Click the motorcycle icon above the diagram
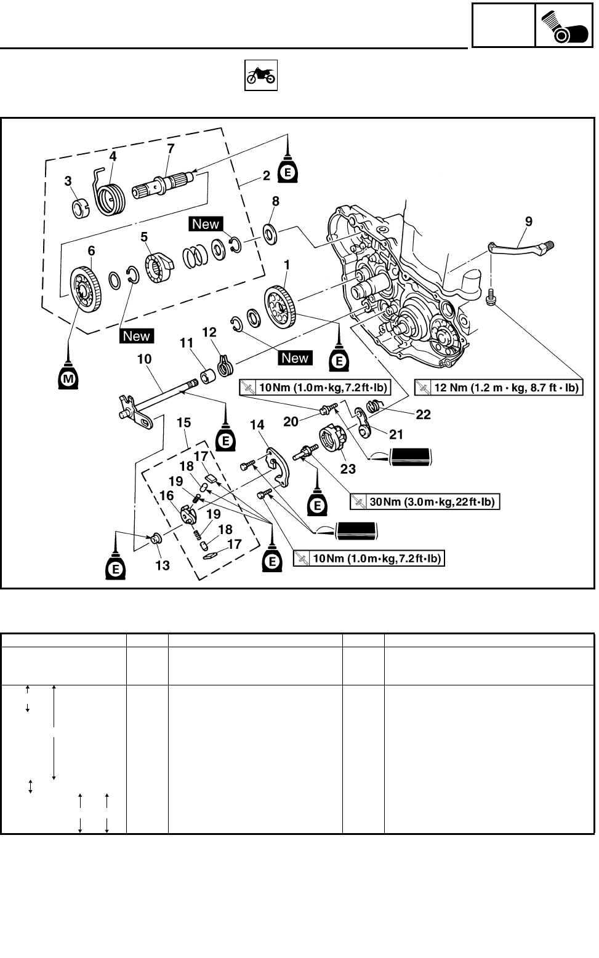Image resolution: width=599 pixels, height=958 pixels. pos(262,76)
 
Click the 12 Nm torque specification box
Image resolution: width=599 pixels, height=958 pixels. pos(498,387)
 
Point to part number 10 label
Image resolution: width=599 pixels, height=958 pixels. pos(144,359)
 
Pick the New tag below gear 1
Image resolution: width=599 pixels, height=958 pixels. pos(295,358)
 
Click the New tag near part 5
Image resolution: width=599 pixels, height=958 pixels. pos(206,224)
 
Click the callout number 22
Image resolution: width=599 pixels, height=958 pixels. pos(423,415)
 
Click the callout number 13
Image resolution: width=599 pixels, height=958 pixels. pos(162,565)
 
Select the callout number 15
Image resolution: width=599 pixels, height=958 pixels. pos(183,423)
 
